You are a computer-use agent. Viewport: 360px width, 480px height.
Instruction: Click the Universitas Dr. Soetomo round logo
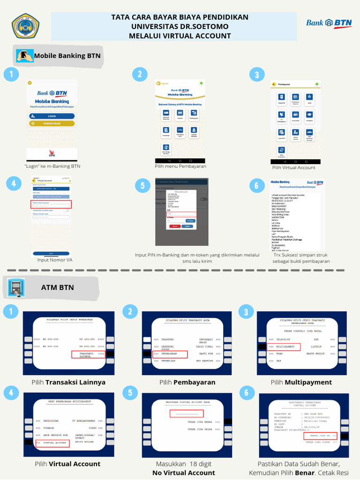25,26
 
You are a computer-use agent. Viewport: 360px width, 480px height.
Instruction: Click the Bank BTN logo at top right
329,23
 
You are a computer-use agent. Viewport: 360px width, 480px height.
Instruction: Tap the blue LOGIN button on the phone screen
52,116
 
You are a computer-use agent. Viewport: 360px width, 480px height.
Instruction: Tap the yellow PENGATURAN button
52,123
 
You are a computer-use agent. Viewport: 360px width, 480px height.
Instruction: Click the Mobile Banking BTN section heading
67,56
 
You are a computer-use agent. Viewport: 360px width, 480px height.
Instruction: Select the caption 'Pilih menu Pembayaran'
180,166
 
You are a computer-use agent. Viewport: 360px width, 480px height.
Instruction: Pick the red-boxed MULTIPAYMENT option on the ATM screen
284,347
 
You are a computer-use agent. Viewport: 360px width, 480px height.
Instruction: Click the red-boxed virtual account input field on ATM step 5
187,413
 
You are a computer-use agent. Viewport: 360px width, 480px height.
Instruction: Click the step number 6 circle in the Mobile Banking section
256,185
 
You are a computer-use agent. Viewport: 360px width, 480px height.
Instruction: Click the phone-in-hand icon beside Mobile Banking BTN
24,55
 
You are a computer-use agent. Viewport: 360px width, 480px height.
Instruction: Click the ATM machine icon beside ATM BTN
17,288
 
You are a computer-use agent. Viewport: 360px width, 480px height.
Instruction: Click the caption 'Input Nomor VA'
55,260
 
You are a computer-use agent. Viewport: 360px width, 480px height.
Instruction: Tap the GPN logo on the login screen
52,154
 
